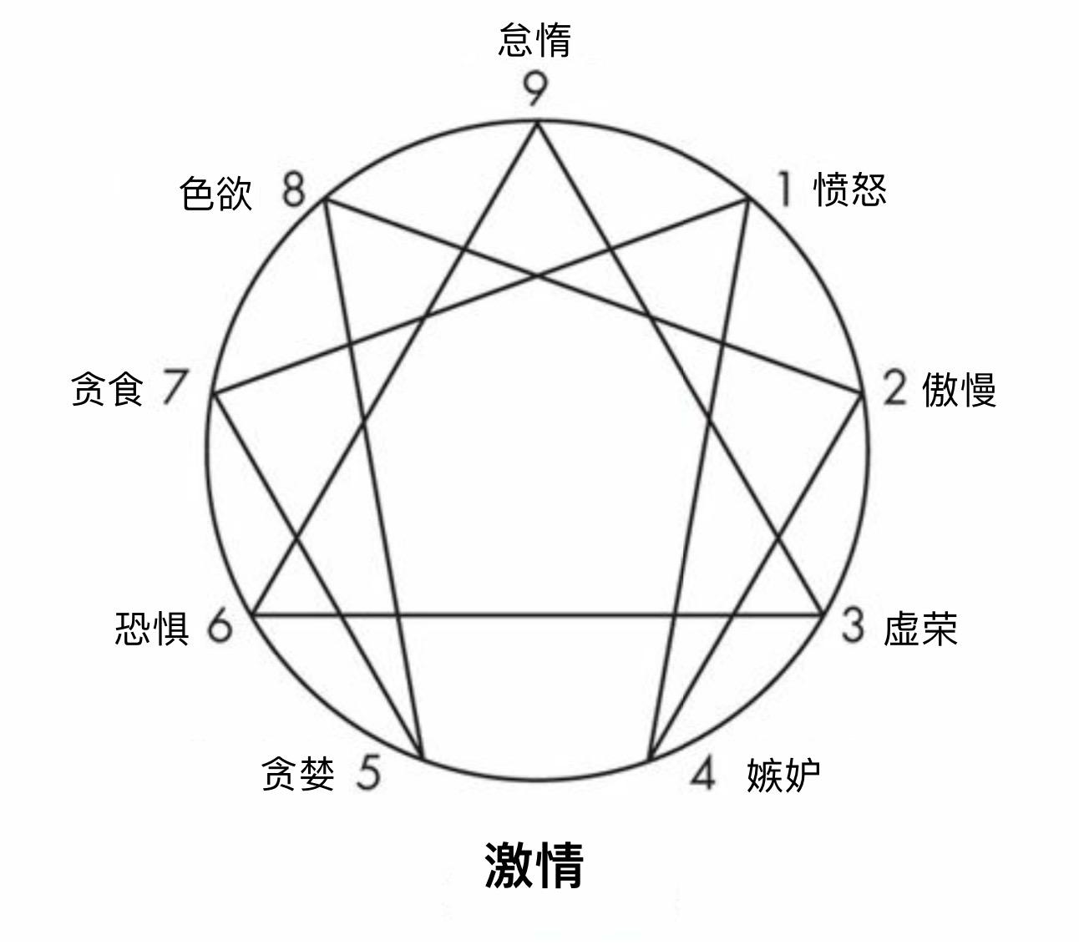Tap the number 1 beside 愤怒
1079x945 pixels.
tap(783, 190)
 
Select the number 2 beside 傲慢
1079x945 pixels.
tap(894, 388)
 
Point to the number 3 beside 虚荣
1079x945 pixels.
tap(852, 626)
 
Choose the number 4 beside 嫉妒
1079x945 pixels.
tap(703, 774)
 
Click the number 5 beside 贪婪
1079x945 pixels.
tap(368, 773)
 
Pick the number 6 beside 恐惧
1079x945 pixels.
tap(220, 626)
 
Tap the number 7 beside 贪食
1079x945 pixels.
tap(174, 388)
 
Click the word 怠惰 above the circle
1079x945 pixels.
tap(534, 40)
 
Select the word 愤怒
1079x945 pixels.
tap(850, 190)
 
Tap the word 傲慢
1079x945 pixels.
tap(959, 389)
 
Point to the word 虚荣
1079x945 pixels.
tap(920, 628)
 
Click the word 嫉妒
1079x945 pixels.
tap(783, 775)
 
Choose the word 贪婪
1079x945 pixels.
tap(298, 774)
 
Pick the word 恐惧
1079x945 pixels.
tap(152, 628)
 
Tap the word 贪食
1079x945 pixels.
tap(108, 389)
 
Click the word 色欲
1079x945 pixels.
tap(215, 194)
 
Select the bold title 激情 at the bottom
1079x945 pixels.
tap(534, 865)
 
